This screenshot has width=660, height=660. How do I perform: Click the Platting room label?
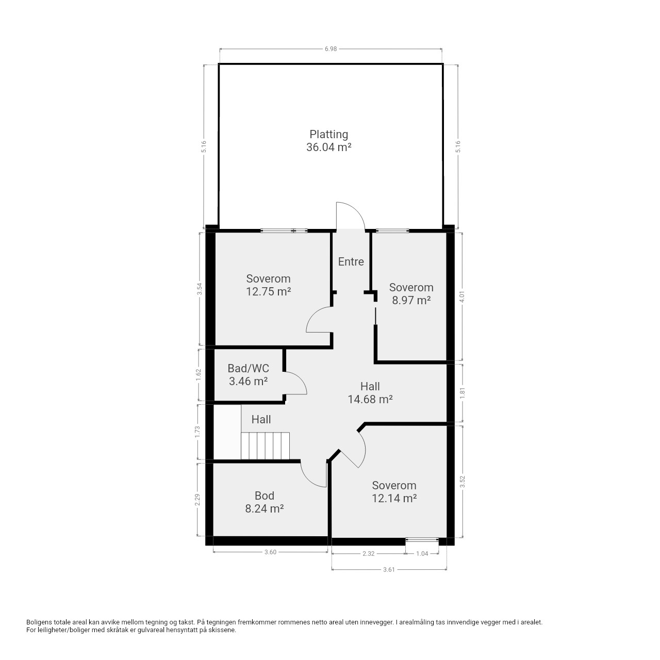pos(328,134)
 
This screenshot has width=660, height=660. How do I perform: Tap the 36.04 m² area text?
pos(329,147)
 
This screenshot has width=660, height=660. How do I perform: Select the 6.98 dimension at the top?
pos(331,49)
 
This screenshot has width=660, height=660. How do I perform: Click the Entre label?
pos(351,261)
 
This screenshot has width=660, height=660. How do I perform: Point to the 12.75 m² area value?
pos(269,291)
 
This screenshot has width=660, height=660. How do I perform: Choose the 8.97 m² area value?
pos(411,301)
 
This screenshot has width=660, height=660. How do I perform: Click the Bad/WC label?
pos(249,368)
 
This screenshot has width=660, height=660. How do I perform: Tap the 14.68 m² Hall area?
pos(370,400)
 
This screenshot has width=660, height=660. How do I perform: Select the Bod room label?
pos(265,496)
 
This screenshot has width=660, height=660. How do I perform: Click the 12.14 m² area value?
pos(394,498)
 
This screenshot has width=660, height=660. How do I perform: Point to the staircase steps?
pos(265,445)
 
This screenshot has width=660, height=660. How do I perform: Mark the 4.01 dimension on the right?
pos(462,296)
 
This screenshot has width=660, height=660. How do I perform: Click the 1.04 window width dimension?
pos(422,553)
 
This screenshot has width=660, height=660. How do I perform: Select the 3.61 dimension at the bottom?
pos(389,570)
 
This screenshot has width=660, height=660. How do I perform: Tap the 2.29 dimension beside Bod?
pos(197,500)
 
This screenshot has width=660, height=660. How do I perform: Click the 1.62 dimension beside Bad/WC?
pos(199,375)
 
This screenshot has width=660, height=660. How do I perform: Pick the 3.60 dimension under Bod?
pos(270,552)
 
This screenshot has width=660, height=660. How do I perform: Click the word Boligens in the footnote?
pos(39,622)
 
